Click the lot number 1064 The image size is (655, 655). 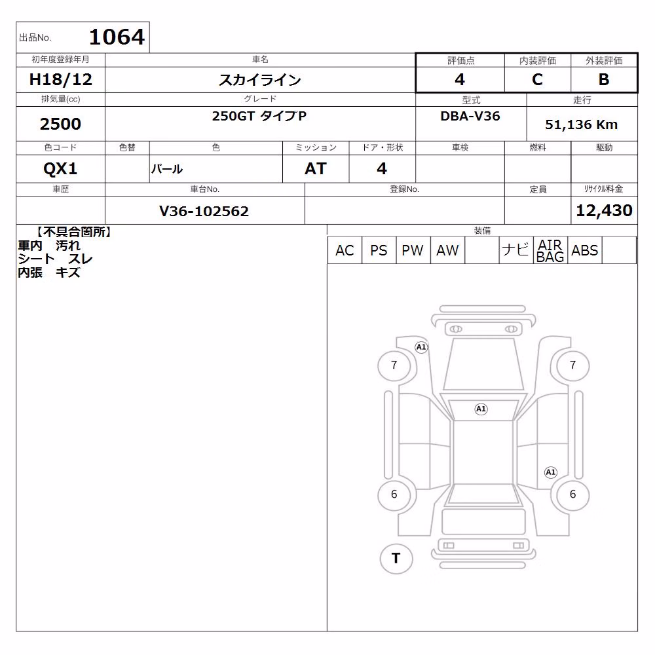coord(117,37)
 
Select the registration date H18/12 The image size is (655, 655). coord(60,79)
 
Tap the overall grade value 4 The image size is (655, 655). coord(460,79)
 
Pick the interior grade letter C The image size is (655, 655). coord(537,79)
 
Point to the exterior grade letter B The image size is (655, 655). coord(604,79)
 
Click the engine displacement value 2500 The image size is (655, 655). coord(60,124)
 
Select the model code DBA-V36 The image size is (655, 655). coord(470,116)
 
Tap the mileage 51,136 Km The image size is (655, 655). coord(581,124)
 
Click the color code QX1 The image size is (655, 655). coord(60,169)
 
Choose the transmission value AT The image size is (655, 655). coord(316,169)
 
